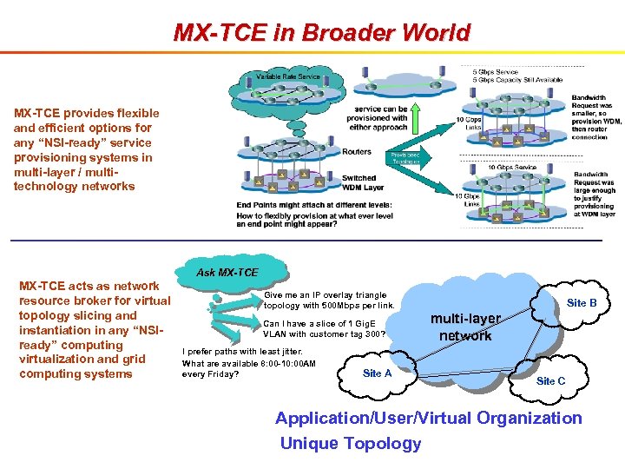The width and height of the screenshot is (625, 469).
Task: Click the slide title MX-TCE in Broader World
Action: tap(321, 33)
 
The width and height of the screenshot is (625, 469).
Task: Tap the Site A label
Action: tap(377, 373)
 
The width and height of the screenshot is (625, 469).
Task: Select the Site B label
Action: tap(582, 303)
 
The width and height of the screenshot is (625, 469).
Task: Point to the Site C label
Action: tap(550, 380)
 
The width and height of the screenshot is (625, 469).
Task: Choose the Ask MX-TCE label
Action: tap(227, 273)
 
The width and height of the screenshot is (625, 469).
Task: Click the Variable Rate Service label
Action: tap(288, 77)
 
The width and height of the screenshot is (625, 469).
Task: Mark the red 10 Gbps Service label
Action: tap(512, 168)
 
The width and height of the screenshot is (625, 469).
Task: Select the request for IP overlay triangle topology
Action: tap(329, 301)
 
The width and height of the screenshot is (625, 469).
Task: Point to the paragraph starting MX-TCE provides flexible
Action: tap(87, 149)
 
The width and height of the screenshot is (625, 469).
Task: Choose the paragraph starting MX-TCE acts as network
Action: tap(95, 329)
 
